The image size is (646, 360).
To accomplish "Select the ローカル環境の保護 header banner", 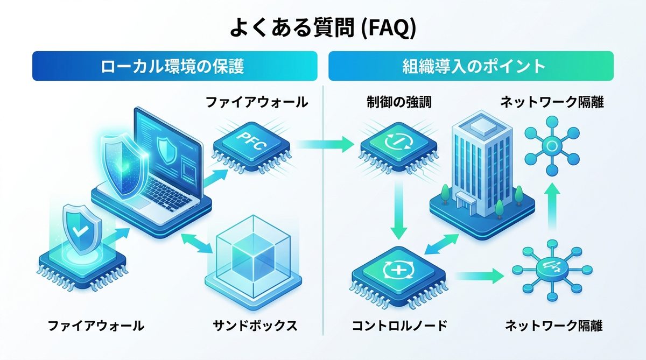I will click(174, 66).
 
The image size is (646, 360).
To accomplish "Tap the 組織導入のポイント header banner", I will click(471, 66).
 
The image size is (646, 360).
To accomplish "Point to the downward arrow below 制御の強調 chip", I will click(399, 210).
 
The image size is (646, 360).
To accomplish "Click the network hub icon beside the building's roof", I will click(551, 145).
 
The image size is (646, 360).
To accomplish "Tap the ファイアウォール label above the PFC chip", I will click(257, 102).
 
